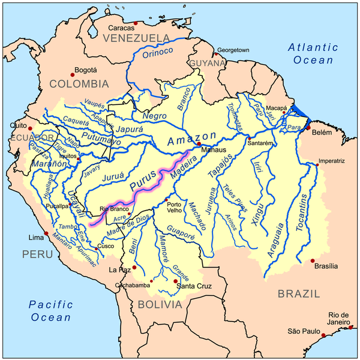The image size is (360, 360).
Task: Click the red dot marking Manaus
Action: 199,144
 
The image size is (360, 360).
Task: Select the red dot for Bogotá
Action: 73,74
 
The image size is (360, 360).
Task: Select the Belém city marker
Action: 308,128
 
